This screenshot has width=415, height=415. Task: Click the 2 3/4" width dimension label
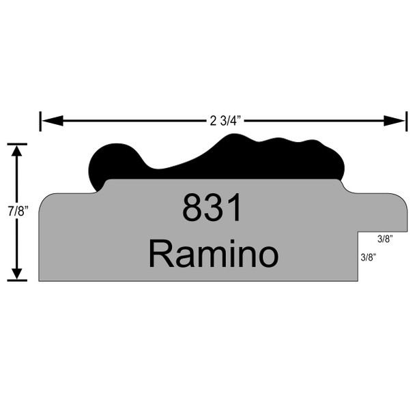point(225,121)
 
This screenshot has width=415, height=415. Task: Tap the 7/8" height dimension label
point(18,211)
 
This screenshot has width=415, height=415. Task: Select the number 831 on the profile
point(212,207)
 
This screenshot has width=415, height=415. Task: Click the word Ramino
point(214,253)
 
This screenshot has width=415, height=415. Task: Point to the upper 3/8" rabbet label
point(385,239)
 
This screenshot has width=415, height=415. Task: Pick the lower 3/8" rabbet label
point(369,257)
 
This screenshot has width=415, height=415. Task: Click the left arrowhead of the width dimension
point(53,121)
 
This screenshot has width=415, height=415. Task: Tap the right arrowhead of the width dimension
point(394,121)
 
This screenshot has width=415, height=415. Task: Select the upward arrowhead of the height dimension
point(17,151)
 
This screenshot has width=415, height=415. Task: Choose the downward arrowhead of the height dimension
point(17,274)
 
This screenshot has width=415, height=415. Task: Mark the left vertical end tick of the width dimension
point(40,121)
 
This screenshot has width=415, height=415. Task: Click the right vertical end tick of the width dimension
point(407,121)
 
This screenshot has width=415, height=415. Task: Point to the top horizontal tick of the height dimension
point(17,144)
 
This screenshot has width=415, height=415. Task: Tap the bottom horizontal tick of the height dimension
point(17,280)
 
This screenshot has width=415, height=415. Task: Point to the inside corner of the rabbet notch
point(358,232)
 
